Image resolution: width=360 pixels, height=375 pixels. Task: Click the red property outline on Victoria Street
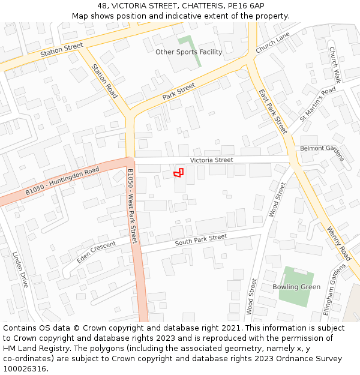178,173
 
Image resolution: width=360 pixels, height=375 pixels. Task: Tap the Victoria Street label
211,160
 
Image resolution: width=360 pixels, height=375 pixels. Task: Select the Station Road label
104,81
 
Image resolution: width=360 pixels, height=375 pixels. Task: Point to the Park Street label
179,92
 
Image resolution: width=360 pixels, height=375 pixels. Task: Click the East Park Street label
273,111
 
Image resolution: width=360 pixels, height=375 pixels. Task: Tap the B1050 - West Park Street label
132,206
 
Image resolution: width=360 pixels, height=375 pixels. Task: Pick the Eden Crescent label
96,252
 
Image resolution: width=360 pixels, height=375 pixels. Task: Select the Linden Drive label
20,269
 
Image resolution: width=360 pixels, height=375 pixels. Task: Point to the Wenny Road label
340,243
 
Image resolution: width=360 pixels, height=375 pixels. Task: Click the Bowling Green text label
296,287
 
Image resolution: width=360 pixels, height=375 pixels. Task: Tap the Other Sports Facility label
188,52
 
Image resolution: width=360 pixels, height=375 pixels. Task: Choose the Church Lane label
272,43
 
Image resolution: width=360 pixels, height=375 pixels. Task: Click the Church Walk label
334,65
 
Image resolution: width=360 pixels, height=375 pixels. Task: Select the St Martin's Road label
317,103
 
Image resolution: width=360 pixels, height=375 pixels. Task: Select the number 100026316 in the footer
25,368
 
